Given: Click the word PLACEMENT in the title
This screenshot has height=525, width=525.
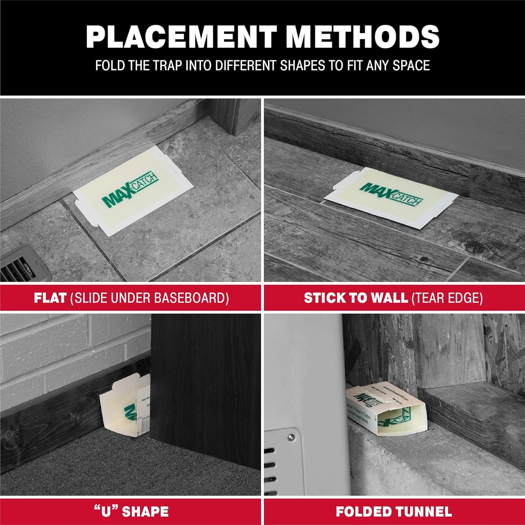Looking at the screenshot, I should [181, 37].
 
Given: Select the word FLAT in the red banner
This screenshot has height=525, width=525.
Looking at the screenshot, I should [50, 298].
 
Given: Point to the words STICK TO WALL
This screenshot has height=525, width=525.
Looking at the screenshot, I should [355, 298].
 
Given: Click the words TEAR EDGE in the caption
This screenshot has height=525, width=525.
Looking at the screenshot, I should [447, 298].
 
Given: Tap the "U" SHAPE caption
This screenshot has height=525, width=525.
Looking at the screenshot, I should [130, 512].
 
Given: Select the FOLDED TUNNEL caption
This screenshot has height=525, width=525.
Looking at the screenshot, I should [393, 512].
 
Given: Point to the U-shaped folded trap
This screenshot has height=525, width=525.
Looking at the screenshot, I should [124, 405].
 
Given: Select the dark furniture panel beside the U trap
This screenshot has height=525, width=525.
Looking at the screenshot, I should [205, 381].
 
